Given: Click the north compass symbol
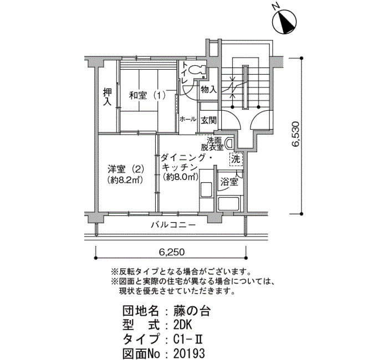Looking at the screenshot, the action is [x=284, y=22].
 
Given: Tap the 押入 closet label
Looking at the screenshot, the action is [x=108, y=97].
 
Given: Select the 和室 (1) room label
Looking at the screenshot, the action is [x=147, y=95].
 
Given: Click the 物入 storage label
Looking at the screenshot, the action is [x=209, y=89].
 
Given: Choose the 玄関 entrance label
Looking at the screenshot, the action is [x=208, y=120].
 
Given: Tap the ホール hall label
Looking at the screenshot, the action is [x=188, y=119].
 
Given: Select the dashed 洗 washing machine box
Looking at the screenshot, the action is [x=236, y=160].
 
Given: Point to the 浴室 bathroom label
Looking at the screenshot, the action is [x=229, y=182].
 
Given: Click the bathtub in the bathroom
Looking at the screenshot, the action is [x=228, y=203].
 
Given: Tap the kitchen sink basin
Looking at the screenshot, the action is [x=206, y=190].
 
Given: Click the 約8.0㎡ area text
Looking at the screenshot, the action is [x=180, y=177].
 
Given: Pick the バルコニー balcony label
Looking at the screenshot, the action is [x=173, y=225].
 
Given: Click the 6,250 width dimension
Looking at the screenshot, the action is [x=171, y=252].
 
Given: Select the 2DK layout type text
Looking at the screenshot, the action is [x=182, y=325].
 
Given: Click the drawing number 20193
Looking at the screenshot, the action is [x=189, y=353].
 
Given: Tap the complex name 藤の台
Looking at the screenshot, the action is [x=192, y=311].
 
